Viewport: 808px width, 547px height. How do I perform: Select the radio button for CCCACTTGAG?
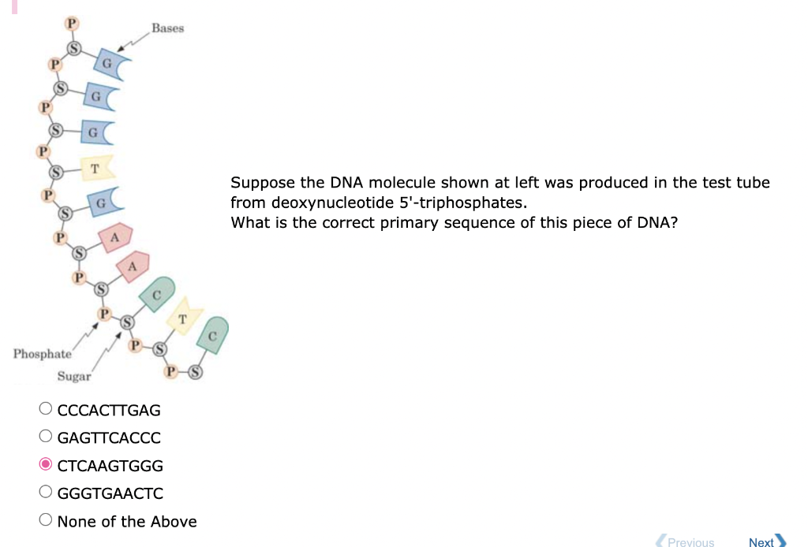click(47, 409)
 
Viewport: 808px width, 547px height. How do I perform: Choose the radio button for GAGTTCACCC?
click(47, 437)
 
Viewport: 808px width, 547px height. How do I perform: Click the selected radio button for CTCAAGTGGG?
click(47, 465)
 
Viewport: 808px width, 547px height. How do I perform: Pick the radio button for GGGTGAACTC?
click(47, 493)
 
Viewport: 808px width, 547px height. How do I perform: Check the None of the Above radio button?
click(47, 521)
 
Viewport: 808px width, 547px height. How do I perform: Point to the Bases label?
click(167, 28)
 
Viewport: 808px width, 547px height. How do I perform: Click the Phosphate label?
click(42, 353)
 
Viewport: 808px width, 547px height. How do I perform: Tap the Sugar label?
click(74, 377)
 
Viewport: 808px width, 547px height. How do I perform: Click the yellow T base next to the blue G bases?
click(97, 167)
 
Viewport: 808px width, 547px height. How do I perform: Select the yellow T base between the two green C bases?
click(183, 317)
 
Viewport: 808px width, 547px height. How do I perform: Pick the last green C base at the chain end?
click(214, 333)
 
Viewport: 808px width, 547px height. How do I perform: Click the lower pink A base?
click(133, 267)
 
